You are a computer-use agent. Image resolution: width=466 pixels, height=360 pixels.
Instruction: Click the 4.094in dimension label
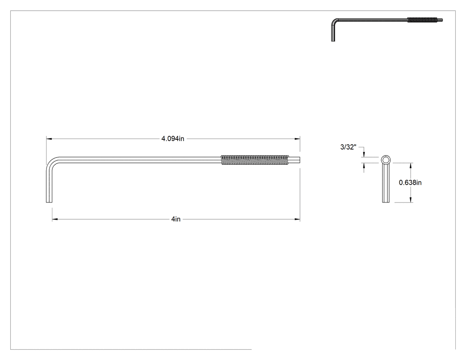(x=173, y=138)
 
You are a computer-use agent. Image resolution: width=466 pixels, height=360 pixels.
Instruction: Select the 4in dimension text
(x=176, y=219)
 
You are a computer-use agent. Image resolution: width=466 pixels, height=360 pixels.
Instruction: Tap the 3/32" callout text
(x=348, y=147)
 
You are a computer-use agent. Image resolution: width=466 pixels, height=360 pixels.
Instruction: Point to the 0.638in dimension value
(x=410, y=182)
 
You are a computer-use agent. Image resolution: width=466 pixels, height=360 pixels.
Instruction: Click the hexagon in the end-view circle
(x=386, y=160)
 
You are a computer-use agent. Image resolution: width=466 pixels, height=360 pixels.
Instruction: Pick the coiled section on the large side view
(x=255, y=160)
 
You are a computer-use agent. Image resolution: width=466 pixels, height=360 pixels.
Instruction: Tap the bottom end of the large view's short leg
(x=49, y=202)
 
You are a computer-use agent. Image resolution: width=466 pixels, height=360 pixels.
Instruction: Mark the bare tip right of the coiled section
(x=294, y=160)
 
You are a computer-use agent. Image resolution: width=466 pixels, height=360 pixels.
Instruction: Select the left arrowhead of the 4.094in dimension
(x=49, y=138)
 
